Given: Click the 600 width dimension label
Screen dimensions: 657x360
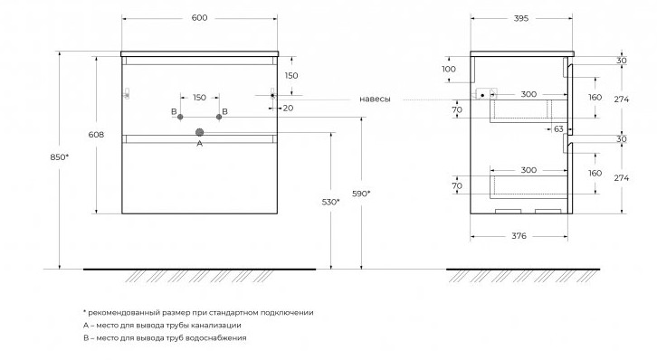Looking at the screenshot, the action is point(199,18).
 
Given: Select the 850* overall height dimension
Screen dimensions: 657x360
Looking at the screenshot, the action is point(59,157).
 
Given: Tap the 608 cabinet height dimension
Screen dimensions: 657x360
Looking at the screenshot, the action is point(96,135).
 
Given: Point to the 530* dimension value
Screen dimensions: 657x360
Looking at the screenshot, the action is point(330,203).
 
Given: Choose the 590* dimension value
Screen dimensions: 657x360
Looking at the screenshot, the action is point(361,194).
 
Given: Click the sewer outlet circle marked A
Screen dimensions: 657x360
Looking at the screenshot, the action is point(199,132).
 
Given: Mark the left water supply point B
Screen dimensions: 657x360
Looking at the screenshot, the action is point(180,117).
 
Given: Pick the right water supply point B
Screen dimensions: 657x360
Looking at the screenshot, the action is point(219,117).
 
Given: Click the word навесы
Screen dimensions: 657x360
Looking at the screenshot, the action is point(375,99).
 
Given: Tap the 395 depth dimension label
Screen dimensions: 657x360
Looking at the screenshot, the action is point(521,18).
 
